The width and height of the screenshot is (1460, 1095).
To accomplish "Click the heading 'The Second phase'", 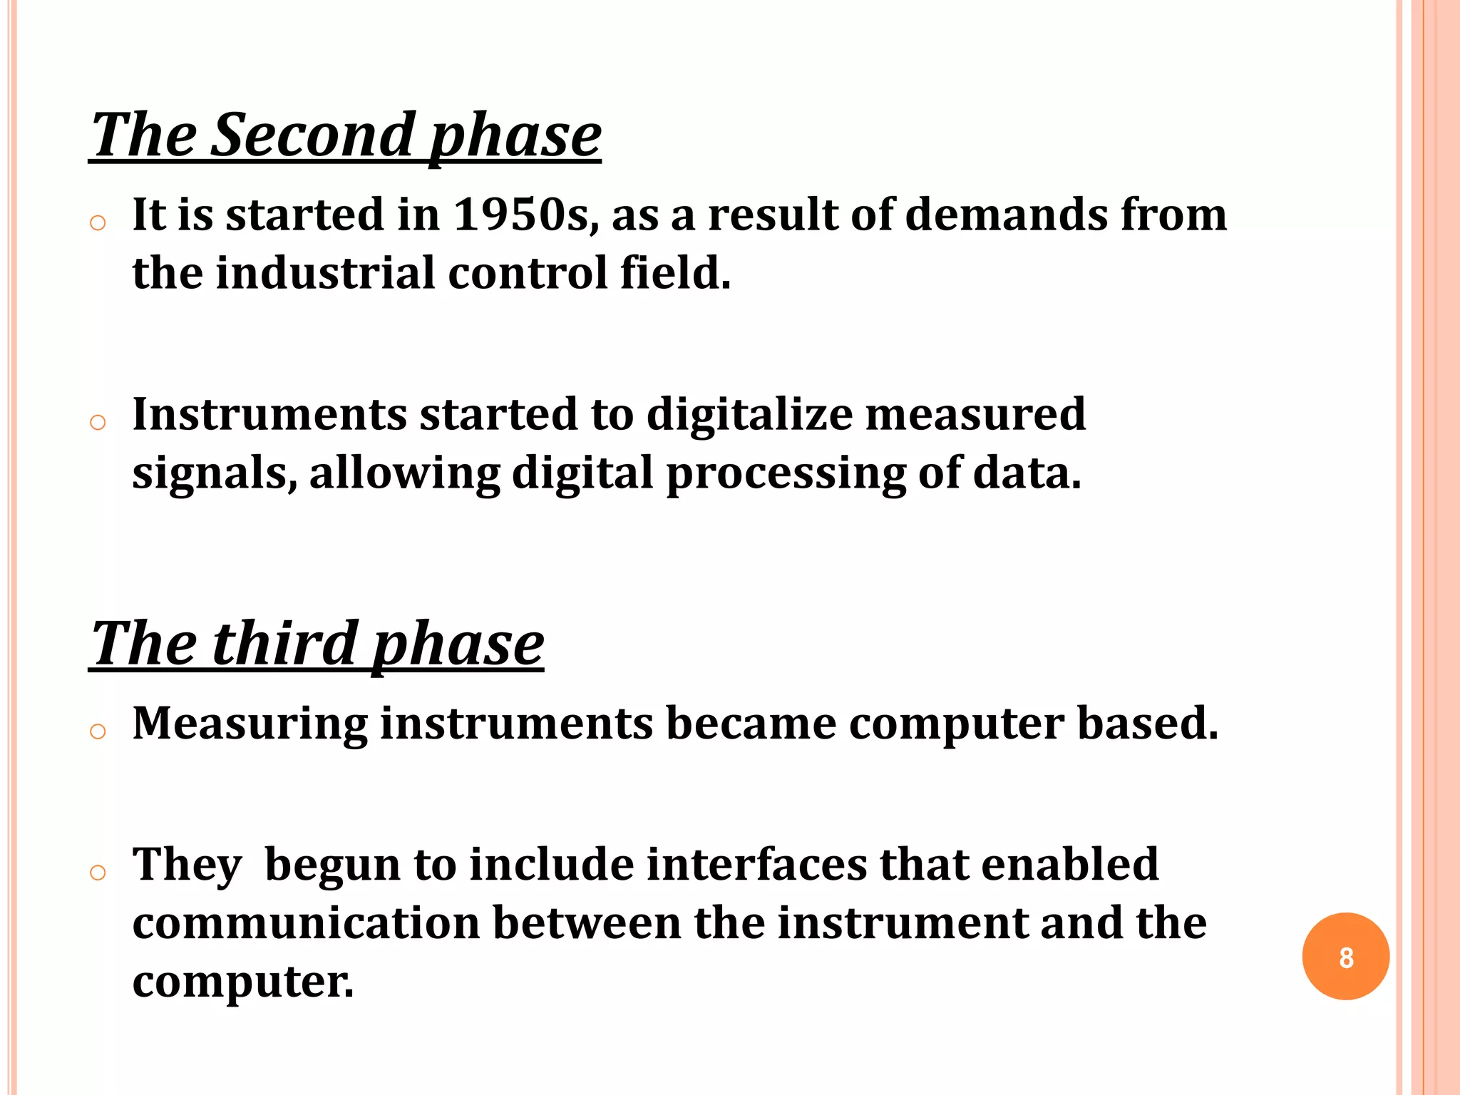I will pos(346,135).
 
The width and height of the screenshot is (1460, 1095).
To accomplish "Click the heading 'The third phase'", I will pos(317,644).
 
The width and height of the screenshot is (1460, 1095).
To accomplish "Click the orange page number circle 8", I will pos(1345,957).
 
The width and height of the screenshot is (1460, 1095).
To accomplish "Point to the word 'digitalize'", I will pos(749,414).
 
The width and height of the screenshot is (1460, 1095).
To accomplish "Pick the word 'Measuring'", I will pos(250,724).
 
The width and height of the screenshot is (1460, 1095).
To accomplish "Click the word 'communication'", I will pos(306,923).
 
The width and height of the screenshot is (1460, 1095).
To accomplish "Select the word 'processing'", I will pos(786,474).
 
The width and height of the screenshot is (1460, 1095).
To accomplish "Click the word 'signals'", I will pos(211,474).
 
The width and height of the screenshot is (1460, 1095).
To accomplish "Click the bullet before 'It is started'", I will pos(98,223).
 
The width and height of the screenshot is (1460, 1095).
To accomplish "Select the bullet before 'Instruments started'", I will pos(98,423).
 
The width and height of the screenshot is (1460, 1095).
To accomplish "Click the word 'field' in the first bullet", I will pos(674,273).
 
